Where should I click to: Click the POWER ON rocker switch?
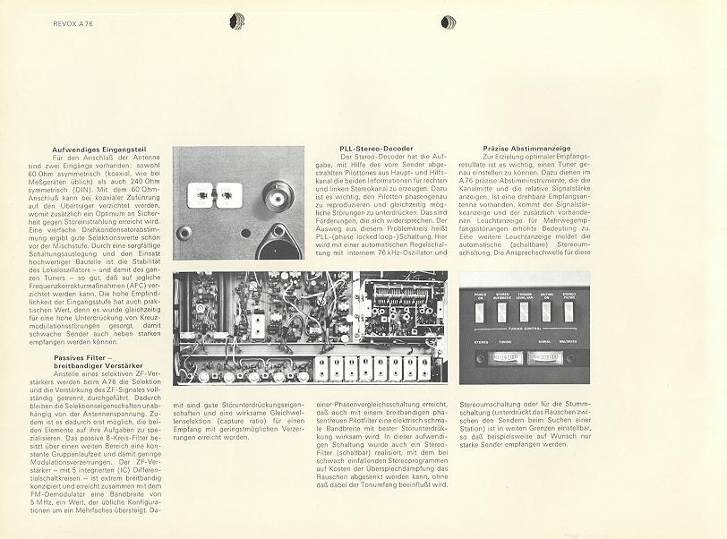[x=478, y=311]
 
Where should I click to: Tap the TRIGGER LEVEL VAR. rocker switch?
[x=524, y=311]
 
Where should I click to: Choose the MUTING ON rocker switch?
[x=546, y=311]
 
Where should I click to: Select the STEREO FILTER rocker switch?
[x=569, y=311]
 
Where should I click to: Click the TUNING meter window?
[x=507, y=357]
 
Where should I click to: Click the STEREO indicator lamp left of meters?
[x=476, y=357]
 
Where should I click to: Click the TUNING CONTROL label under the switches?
[x=524, y=329]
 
